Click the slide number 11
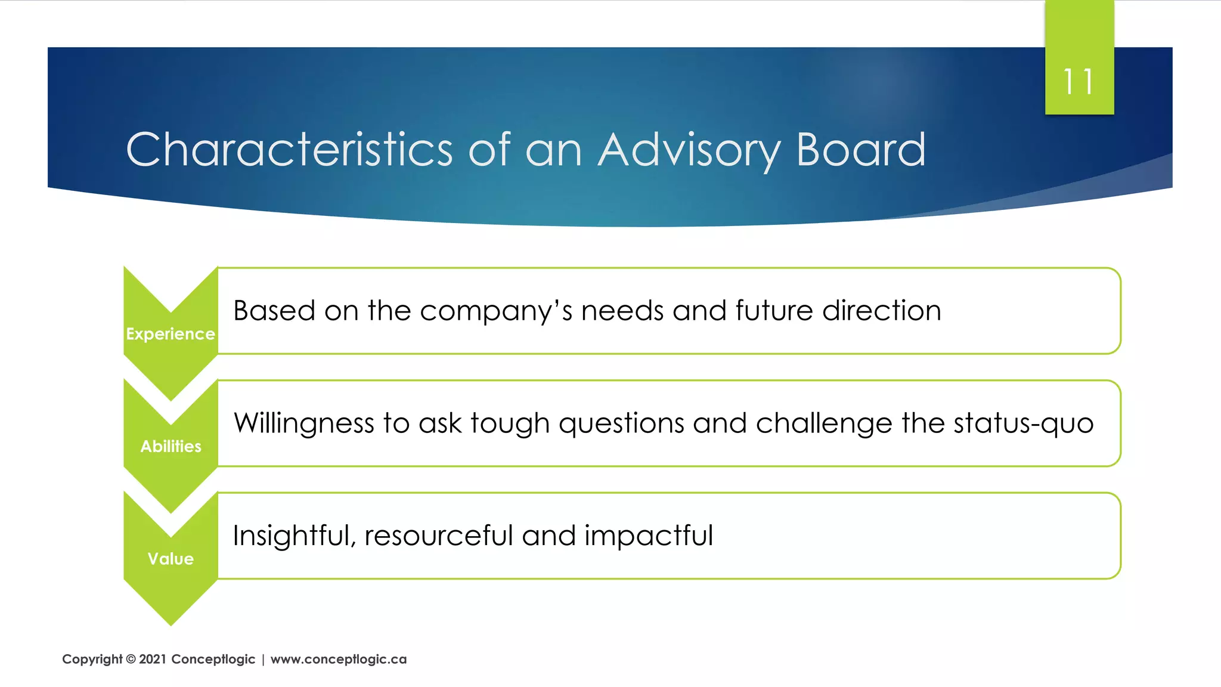pyautogui.click(x=1079, y=82)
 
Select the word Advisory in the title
pyautogui.click(x=689, y=150)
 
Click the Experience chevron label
pyautogui.click(x=171, y=334)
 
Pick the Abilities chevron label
pyautogui.click(x=171, y=446)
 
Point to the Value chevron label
pyautogui.click(x=171, y=559)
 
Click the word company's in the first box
pyautogui.click(x=495, y=311)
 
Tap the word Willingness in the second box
pyautogui.click(x=304, y=424)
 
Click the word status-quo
pyautogui.click(x=1023, y=423)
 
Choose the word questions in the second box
pyautogui.click(x=621, y=424)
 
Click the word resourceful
pyautogui.click(x=439, y=536)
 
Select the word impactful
pyautogui.click(x=648, y=536)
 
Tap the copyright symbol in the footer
pyautogui.click(x=131, y=659)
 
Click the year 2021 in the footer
pyautogui.click(x=153, y=659)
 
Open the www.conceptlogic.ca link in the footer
pyautogui.click(x=339, y=659)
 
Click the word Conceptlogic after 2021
pyautogui.click(x=213, y=659)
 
